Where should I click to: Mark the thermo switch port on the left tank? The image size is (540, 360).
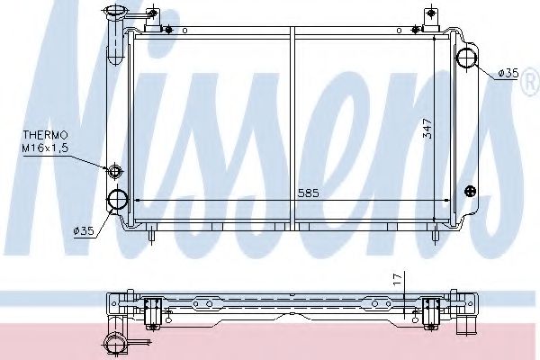[113, 172]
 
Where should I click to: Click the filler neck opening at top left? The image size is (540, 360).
[116, 12]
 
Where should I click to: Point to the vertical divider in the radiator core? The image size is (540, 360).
[292, 126]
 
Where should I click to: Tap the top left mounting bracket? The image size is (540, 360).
[155, 20]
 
